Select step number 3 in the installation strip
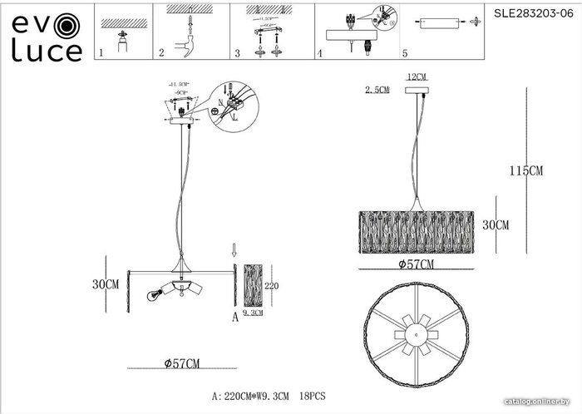click(238, 52)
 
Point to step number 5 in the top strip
click(405, 52)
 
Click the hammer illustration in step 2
click(190, 37)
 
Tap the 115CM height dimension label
click(525, 171)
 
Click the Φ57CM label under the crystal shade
click(417, 264)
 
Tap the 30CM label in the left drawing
click(104, 283)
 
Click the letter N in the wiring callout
click(218, 108)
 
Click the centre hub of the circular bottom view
click(415, 330)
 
